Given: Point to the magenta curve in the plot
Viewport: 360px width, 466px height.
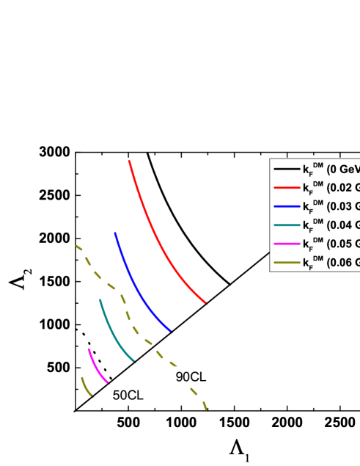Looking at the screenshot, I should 97,366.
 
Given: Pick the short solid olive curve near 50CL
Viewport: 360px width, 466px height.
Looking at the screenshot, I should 85,387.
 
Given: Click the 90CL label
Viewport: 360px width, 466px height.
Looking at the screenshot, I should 191,376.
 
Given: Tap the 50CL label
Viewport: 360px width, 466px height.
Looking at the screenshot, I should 128,396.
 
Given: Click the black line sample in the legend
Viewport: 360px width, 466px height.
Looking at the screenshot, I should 286,170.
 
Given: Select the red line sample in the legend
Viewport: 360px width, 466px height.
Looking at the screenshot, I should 286,188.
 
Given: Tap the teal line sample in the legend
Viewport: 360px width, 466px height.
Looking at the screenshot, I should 286,225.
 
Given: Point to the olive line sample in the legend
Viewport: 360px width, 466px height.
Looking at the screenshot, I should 286,263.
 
